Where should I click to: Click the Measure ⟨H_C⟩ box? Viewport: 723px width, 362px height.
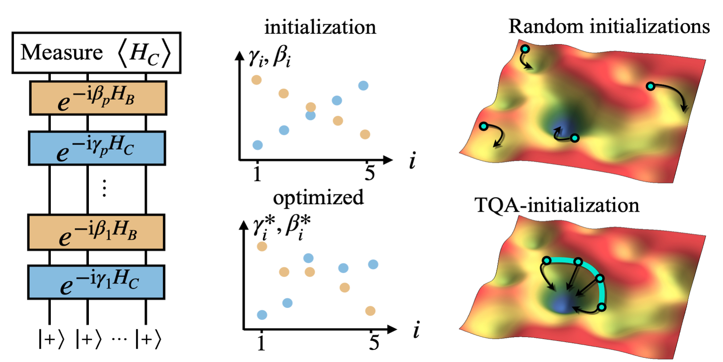tap(96, 53)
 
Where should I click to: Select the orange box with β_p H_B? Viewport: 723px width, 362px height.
tap(98, 98)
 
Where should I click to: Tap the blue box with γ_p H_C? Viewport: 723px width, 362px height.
tap(97, 148)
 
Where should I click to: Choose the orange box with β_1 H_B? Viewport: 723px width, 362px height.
tap(96, 232)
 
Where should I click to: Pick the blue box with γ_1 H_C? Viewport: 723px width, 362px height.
tap(96, 282)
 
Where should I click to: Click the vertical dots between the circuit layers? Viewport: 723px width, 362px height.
tap(104, 188)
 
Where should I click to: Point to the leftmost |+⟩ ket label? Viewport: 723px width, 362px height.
tap(51, 339)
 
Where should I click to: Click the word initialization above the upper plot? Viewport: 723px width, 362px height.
tap(320, 27)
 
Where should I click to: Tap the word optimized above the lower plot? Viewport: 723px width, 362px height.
tap(318, 198)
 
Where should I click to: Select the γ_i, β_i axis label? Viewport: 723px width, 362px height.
tap(269, 57)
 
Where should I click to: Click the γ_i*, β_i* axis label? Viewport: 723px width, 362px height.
tap(282, 227)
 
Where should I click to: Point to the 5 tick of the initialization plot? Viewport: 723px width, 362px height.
tap(370, 173)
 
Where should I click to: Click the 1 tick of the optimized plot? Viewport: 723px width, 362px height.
tap(261, 342)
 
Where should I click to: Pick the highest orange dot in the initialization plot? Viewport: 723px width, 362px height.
tap(257, 80)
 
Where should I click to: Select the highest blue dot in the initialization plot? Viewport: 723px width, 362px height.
tap(363, 85)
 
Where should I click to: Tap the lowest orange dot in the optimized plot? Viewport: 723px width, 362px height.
tap(370, 311)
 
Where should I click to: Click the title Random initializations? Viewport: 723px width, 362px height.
tap(609, 27)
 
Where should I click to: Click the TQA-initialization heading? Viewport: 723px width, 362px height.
tap(556, 205)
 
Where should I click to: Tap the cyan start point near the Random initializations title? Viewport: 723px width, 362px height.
tap(525, 49)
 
